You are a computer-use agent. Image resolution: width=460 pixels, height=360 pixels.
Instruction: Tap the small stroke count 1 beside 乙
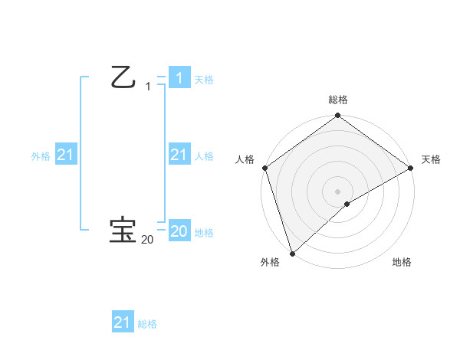tap(148, 87)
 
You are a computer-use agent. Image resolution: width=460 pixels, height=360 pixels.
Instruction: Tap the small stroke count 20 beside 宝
tap(147, 240)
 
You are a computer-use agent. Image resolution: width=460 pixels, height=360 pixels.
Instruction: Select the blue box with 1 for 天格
tap(179, 78)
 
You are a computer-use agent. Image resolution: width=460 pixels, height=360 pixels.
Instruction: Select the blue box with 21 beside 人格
tap(179, 155)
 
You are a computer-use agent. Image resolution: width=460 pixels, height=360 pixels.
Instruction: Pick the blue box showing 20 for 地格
tap(179, 231)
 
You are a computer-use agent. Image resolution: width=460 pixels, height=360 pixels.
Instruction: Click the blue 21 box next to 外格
tap(65, 155)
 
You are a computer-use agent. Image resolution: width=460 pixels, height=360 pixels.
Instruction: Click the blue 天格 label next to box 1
tap(204, 80)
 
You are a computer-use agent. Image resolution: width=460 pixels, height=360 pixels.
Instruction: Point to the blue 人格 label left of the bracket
tap(204, 156)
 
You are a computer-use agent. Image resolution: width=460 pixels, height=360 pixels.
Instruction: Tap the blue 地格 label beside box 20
tap(204, 233)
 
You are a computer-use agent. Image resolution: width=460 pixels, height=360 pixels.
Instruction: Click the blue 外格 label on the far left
tap(41, 156)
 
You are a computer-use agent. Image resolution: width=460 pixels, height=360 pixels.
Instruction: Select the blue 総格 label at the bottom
tap(147, 324)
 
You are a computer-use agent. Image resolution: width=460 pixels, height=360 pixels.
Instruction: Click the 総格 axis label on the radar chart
tap(338, 100)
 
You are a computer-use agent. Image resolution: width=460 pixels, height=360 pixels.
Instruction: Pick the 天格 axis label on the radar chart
tap(432, 159)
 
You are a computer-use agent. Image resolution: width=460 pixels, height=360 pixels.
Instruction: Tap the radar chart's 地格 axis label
tap(402, 262)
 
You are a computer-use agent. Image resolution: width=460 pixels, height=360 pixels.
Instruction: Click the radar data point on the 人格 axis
tap(264, 168)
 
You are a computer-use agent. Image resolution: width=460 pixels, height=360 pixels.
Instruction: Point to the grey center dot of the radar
tap(338, 191)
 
